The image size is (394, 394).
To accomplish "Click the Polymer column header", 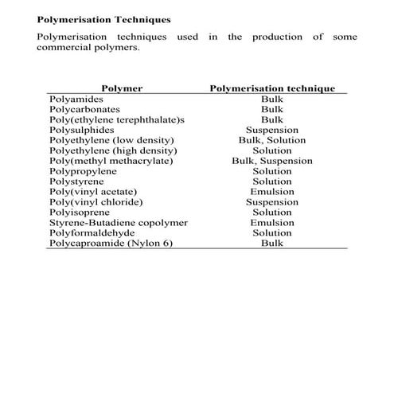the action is [x=121, y=88].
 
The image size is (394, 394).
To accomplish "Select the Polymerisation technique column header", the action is [x=271, y=88].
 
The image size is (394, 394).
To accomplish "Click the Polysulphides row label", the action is [x=81, y=130].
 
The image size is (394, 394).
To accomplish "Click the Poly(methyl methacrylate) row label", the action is [x=111, y=161].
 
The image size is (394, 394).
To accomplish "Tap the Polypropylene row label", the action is [x=84, y=171].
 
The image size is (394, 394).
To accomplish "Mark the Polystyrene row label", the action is [x=77, y=181].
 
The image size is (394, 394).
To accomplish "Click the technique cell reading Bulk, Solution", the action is [x=272, y=140].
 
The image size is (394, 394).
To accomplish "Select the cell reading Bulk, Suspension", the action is [x=272, y=161].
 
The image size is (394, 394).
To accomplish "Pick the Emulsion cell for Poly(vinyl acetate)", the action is [x=272, y=192].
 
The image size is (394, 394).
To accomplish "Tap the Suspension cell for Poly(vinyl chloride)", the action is [x=272, y=202].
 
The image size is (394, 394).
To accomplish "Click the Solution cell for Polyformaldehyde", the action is [x=272, y=233].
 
